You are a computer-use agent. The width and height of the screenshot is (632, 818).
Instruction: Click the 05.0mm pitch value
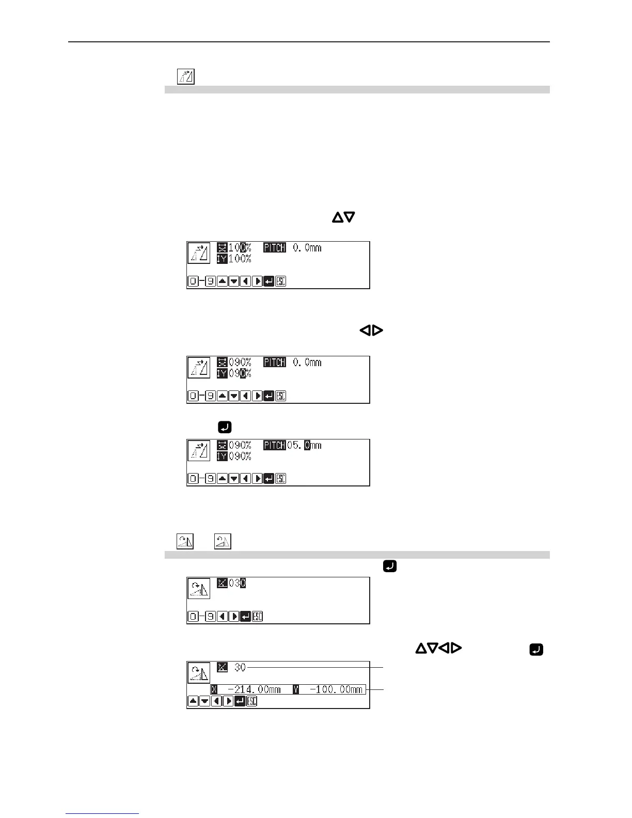304,445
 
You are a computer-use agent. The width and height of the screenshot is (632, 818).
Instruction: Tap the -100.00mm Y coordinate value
336,689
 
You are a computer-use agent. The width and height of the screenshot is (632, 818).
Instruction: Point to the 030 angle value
237,583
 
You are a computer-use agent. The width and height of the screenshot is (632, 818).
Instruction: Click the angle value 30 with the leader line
240,667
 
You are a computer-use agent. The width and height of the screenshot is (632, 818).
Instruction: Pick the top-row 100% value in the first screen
240,248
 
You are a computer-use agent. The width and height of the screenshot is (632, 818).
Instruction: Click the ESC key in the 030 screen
257,616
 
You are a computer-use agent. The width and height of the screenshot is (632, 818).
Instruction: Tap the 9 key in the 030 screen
210,616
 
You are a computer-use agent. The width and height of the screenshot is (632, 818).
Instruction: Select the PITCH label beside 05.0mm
275,445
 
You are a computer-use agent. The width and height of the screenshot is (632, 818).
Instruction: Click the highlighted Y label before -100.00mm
296,689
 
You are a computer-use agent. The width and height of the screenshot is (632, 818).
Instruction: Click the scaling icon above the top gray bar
186,76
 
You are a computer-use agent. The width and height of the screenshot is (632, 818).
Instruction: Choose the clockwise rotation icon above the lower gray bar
185,541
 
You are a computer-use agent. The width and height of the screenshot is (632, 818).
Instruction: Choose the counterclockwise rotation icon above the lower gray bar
223,541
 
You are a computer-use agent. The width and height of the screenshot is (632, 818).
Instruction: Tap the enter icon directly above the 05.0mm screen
225,427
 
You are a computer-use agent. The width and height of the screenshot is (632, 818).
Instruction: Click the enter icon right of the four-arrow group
536,650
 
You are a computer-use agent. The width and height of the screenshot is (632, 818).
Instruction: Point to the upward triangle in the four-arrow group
420,648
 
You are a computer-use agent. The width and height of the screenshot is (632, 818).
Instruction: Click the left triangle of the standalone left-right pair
365,331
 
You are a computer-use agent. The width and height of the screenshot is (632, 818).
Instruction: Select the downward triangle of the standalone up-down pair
350,217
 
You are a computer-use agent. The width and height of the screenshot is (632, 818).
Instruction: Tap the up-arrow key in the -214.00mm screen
193,701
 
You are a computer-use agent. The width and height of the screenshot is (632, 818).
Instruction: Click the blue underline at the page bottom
102,814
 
